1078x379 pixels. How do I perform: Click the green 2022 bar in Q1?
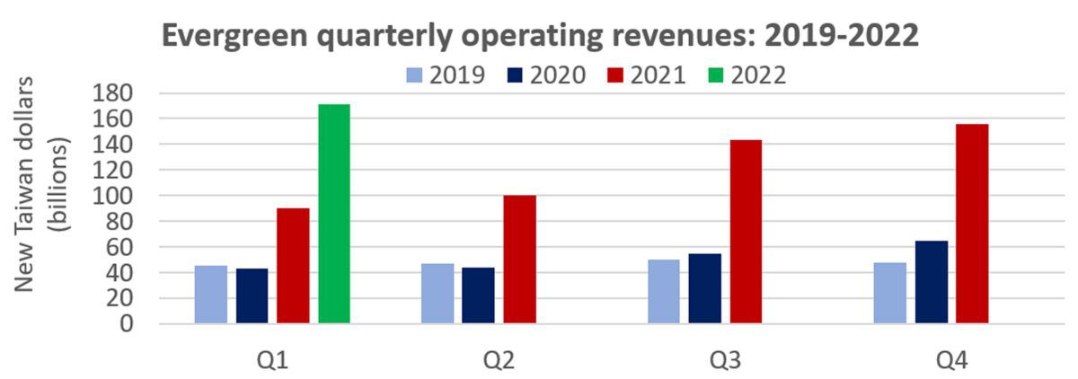(334, 214)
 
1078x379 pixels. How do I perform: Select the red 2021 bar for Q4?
(972, 224)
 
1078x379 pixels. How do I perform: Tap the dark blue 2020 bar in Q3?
(704, 288)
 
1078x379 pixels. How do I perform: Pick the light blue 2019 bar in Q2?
(437, 293)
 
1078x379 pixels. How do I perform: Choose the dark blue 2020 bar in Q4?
(931, 282)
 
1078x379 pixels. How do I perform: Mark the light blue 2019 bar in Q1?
(211, 294)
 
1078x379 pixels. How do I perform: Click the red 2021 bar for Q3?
(746, 232)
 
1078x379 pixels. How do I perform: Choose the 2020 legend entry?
(543, 75)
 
